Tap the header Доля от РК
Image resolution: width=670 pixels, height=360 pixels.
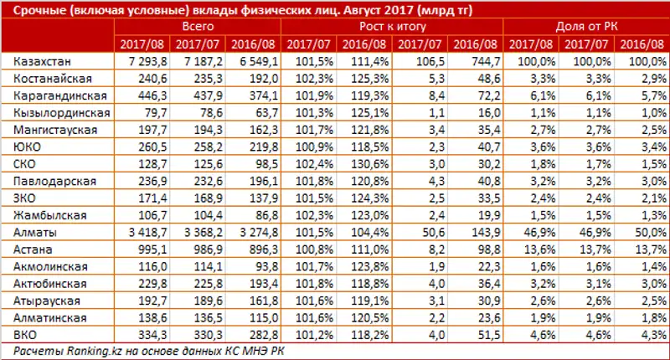click(x=586, y=27)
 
